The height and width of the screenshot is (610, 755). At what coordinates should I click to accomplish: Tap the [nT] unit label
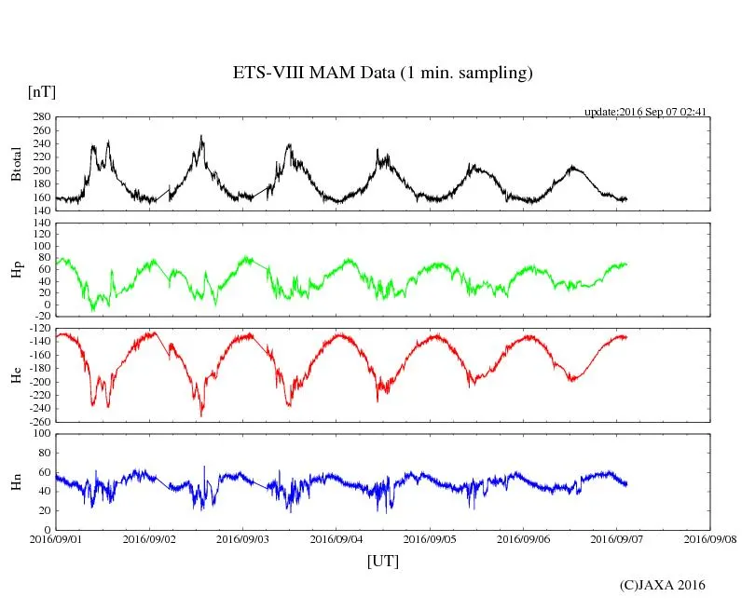[41, 92]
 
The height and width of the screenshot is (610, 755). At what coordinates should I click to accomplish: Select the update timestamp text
[646, 112]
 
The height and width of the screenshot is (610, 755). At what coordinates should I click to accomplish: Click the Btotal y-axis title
[16, 164]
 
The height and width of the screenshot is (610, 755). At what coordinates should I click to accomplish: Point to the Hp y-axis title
[16, 270]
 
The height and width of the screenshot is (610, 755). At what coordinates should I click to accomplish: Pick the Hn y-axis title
[16, 481]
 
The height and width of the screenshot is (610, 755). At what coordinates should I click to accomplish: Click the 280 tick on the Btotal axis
[40, 117]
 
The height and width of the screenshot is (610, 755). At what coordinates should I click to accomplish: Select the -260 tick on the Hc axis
[38, 421]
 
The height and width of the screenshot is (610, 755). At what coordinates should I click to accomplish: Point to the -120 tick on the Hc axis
[38, 329]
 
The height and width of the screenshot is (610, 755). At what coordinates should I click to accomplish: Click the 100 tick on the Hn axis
[40, 433]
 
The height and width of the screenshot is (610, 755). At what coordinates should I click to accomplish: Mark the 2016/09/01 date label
[56, 538]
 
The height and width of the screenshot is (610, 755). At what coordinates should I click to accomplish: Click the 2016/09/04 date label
[336, 538]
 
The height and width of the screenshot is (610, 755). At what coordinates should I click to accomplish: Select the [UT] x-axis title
[383, 561]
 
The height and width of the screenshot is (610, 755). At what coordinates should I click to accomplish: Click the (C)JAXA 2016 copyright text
[662, 585]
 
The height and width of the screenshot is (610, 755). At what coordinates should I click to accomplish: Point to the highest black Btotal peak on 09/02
[201, 136]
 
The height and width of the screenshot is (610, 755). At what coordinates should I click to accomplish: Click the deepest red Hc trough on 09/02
[201, 414]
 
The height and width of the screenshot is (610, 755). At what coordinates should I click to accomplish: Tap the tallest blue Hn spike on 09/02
[205, 467]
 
